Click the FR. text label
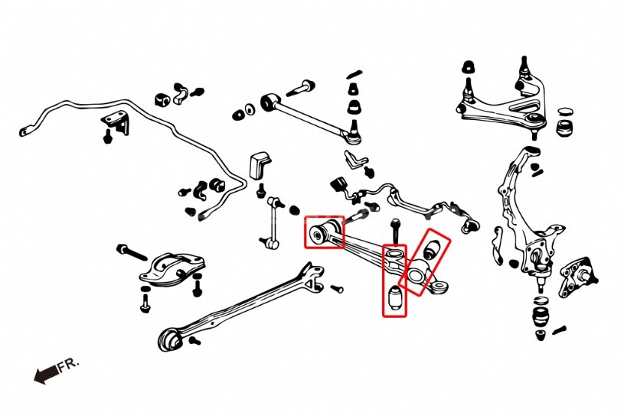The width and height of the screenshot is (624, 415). point(68,365)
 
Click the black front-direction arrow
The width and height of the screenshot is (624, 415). point(46,374)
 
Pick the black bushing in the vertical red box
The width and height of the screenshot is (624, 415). point(396,299)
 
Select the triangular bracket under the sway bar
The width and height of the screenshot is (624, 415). point(116,123)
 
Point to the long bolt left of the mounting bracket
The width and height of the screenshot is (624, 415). point(132,251)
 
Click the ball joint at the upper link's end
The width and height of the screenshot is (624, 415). point(354,135)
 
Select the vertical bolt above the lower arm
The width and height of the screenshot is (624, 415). point(394,229)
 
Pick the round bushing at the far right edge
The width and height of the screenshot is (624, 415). point(567,123)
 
